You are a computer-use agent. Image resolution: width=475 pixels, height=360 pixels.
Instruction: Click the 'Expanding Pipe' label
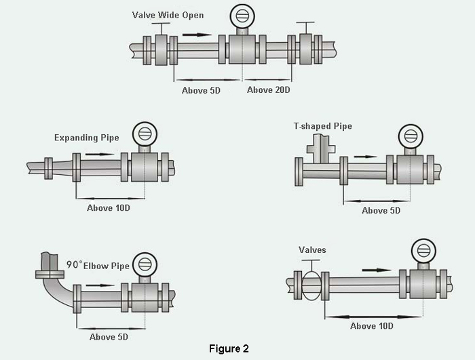[87, 138]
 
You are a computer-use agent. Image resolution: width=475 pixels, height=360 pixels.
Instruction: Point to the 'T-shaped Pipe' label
[323, 126]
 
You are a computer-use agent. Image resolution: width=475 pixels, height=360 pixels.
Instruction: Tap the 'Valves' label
[313, 250]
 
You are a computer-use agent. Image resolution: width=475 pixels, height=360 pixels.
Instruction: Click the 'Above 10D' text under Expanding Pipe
[108, 207]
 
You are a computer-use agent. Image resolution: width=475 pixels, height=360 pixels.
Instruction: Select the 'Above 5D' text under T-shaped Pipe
[381, 210]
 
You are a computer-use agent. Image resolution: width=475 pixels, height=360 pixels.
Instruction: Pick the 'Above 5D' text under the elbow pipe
[109, 336]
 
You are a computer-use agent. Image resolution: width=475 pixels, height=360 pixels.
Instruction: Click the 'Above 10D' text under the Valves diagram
[371, 326]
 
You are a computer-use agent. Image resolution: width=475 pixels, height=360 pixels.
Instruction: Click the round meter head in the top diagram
[242, 15]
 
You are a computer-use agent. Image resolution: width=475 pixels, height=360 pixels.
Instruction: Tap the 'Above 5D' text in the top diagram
[201, 89]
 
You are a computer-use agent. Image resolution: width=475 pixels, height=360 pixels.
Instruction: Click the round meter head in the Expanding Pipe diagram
[143, 132]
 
